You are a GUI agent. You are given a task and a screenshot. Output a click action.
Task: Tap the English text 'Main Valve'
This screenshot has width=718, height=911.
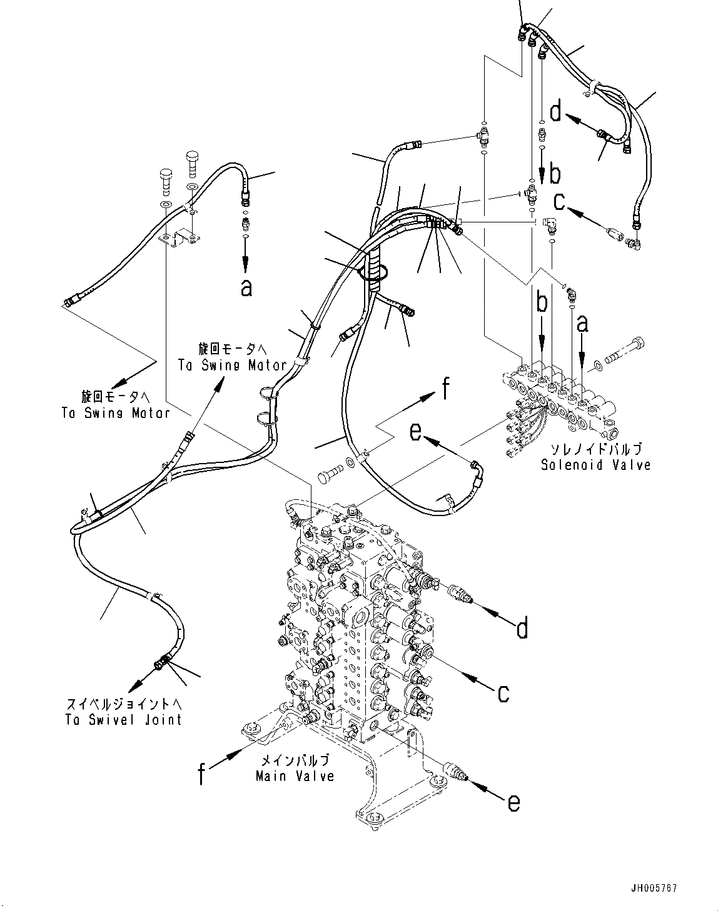295,775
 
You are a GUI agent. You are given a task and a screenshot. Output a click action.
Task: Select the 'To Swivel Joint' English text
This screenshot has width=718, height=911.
123,720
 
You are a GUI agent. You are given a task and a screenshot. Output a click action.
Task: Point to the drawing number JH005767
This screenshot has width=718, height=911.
655,888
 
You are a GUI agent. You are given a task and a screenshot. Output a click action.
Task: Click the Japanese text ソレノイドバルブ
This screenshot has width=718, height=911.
595,449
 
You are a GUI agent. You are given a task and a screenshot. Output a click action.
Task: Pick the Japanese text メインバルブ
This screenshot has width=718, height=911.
295,760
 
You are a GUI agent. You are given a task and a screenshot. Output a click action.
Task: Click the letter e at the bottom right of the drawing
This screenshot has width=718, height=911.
513,802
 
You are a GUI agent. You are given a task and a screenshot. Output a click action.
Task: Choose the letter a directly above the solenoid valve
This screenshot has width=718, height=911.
582,324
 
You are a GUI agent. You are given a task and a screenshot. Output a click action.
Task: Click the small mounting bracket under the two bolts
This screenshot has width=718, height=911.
178,238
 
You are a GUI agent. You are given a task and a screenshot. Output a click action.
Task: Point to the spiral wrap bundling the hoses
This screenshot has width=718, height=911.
375,269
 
